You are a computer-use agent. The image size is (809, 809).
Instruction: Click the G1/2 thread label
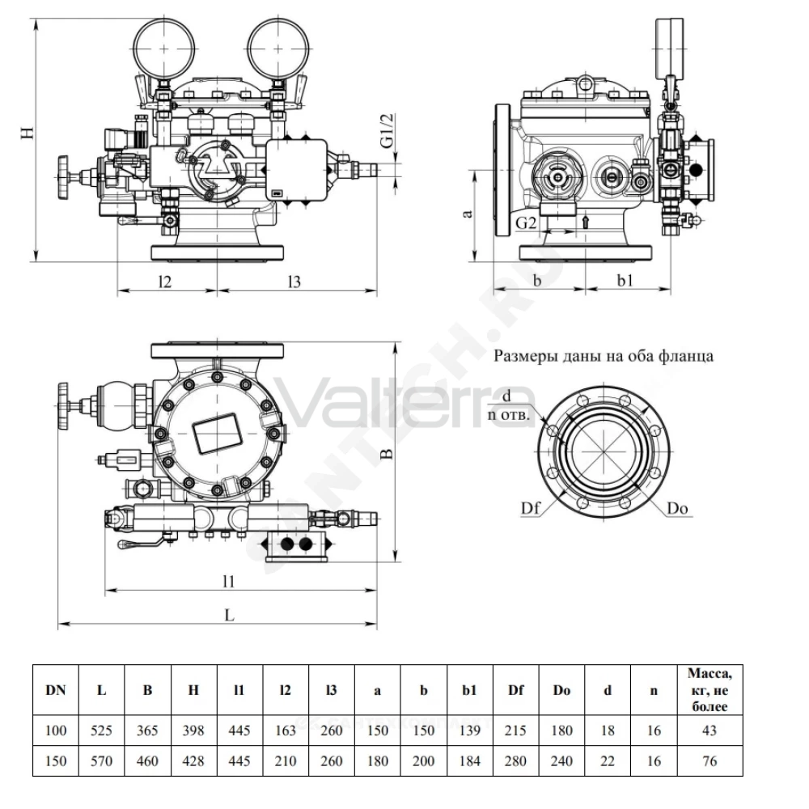(388, 130)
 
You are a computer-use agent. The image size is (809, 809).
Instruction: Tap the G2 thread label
(527, 223)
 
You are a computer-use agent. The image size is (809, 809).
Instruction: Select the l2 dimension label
(164, 282)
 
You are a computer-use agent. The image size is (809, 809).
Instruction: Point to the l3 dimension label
(294, 282)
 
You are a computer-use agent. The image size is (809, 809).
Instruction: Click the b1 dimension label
(625, 280)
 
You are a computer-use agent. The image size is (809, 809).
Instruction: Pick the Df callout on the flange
(531, 508)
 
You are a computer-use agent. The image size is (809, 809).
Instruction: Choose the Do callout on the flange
(677, 508)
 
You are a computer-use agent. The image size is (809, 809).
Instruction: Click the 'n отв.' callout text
(509, 415)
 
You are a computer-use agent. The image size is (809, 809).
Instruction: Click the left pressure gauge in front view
(164, 49)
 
